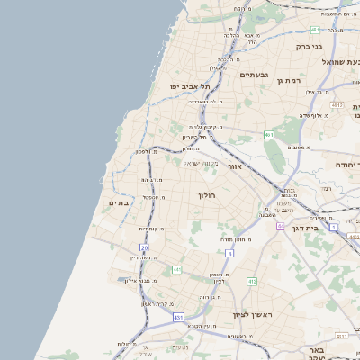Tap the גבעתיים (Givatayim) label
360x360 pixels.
point(256,75)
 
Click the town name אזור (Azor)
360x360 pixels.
point(235,166)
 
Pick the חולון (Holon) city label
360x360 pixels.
point(206,195)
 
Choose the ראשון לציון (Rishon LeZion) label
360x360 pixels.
point(252,314)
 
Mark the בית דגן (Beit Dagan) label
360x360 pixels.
point(306,229)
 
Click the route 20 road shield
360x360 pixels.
point(145,247)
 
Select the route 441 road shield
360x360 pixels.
point(177,269)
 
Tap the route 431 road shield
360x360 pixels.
point(178,317)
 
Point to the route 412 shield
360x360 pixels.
point(252,282)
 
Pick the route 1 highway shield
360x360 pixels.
point(334,228)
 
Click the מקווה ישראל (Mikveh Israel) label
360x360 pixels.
point(202,163)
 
